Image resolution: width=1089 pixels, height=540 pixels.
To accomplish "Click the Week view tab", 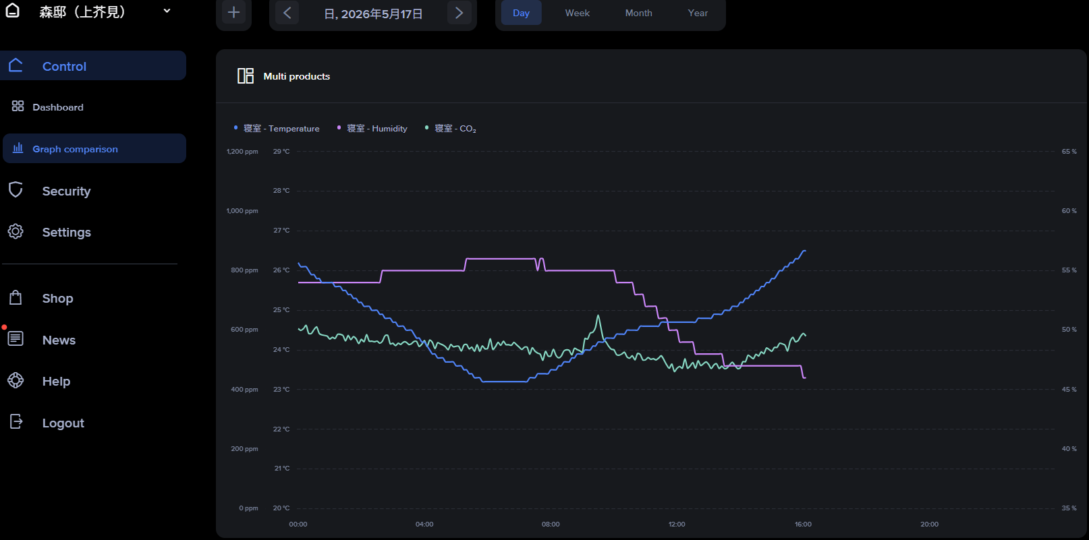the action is [577, 13].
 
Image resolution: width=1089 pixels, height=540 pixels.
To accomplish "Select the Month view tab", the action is [638, 13].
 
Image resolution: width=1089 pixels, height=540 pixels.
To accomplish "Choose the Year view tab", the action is [698, 13].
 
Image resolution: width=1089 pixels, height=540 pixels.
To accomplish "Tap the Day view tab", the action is [521, 13].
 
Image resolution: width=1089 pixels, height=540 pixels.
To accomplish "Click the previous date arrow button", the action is [287, 13].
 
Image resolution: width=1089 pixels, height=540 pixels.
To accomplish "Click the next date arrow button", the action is [459, 13].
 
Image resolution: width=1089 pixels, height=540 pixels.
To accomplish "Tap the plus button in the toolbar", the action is [234, 13].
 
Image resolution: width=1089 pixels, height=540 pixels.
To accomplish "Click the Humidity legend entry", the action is [372, 128].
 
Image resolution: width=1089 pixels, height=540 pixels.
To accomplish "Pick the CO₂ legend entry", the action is [450, 128].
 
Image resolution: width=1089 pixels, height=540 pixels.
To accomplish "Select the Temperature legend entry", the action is [277, 128].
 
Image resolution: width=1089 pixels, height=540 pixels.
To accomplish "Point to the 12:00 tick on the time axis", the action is [677, 524].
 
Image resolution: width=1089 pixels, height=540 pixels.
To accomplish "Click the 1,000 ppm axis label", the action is [242, 211].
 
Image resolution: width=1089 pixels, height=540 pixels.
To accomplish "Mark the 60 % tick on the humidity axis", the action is [1069, 211].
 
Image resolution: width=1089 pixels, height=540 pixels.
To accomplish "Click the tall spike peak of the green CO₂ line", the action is [598, 316].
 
